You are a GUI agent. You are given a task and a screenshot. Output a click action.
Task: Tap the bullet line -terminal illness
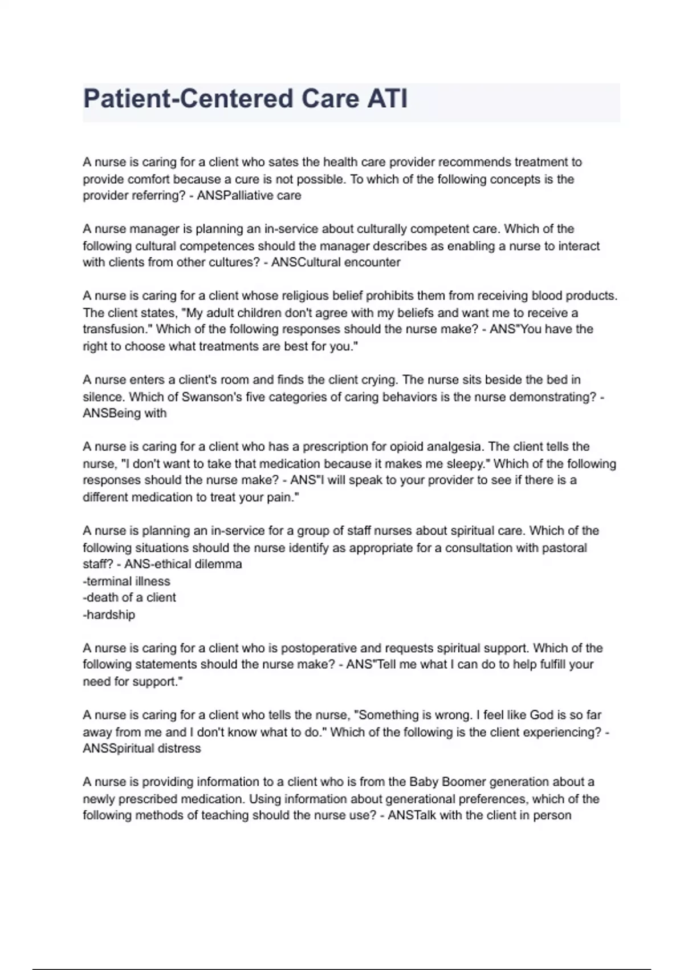127,581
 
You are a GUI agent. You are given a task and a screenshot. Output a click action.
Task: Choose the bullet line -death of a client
129,598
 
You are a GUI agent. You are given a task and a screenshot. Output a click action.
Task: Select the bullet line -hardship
109,615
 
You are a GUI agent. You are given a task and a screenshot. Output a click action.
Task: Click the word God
541,715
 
